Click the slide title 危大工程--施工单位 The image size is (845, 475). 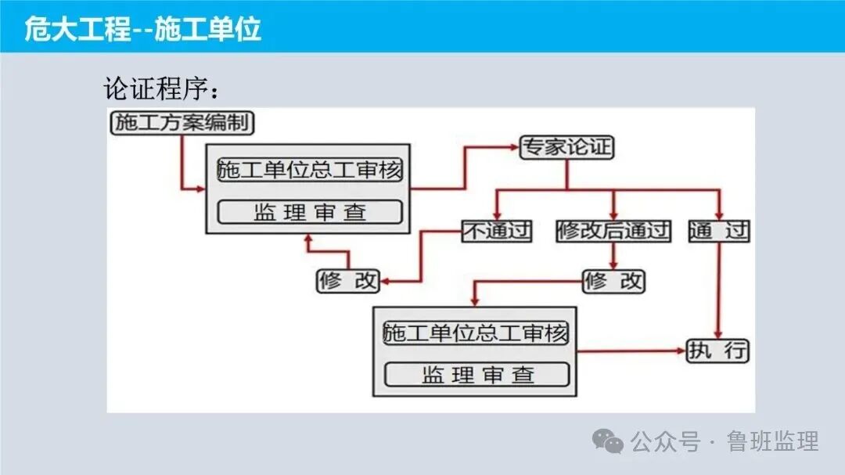pyautogui.click(x=142, y=30)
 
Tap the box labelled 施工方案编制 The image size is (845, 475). pyautogui.click(x=182, y=122)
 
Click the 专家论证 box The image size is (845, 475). pyautogui.click(x=567, y=147)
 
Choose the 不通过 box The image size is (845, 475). pyautogui.click(x=497, y=231)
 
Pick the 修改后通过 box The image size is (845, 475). pyautogui.click(x=613, y=231)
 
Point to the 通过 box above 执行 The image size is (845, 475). pyautogui.click(x=719, y=231)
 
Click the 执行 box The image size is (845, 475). pyautogui.click(x=717, y=351)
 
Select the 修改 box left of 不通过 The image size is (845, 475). pyautogui.click(x=348, y=281)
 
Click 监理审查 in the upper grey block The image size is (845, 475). pyautogui.click(x=309, y=212)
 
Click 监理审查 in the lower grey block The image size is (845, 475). pyautogui.click(x=476, y=374)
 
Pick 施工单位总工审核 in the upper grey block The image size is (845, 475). pyautogui.click(x=309, y=171)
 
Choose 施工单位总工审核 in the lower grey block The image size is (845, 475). pyautogui.click(x=476, y=333)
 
